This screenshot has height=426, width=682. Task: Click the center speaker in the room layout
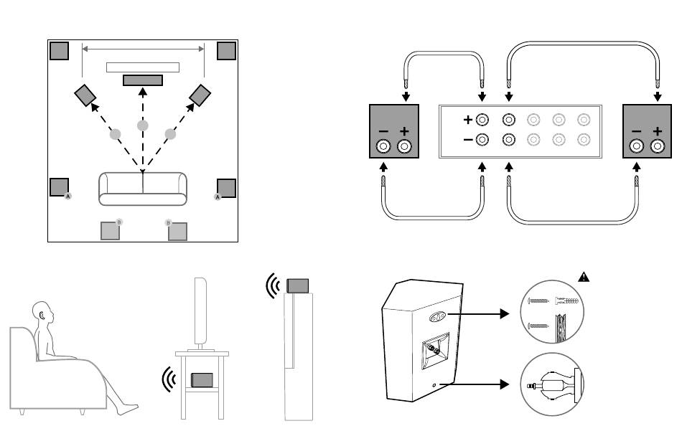point(143,80)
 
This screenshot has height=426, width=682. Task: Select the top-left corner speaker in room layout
point(60,51)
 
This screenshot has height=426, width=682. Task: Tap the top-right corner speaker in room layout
point(226,51)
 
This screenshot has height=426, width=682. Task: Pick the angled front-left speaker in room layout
point(85,94)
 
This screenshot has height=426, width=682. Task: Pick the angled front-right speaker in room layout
point(200,94)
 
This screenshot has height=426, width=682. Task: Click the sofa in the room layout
point(142,189)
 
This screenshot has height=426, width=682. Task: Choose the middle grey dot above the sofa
point(143,126)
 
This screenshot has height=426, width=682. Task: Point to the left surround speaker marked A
point(59,187)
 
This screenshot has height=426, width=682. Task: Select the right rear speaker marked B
point(177,231)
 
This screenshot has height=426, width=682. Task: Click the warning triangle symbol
point(584,278)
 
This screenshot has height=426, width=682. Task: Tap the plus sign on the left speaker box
point(404,132)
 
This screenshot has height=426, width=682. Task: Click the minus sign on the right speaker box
point(636,132)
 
